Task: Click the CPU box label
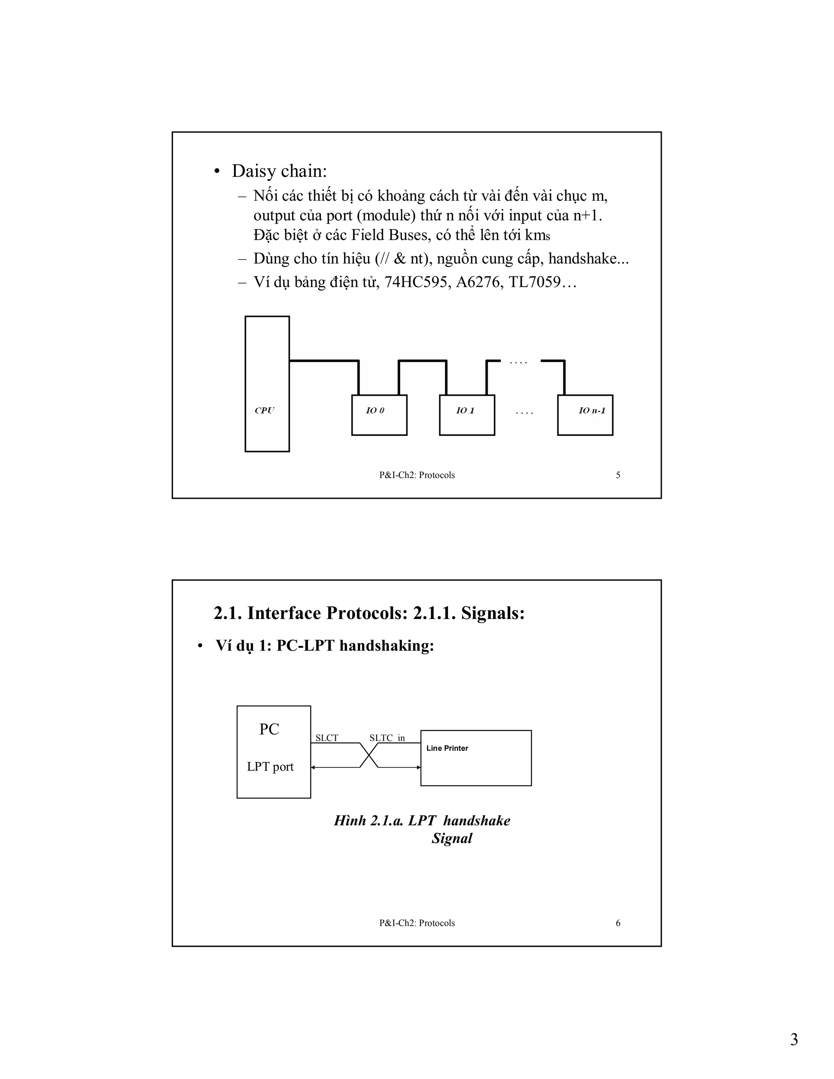coord(264,410)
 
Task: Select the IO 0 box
coord(379,414)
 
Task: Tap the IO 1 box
coord(467,414)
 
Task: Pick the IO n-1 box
coord(585,414)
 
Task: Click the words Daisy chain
coord(279,171)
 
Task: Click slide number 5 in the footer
coord(618,475)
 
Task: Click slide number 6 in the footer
coord(618,923)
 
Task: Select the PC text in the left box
coord(269,729)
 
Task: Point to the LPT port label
coord(270,766)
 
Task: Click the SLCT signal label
coord(327,738)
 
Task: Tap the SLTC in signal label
coord(387,738)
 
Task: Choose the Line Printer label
coord(447,748)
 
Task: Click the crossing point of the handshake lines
coord(369,755)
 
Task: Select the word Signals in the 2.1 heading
coord(493,613)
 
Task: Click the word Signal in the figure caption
coord(452,838)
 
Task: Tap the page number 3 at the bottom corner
coord(794,1040)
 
